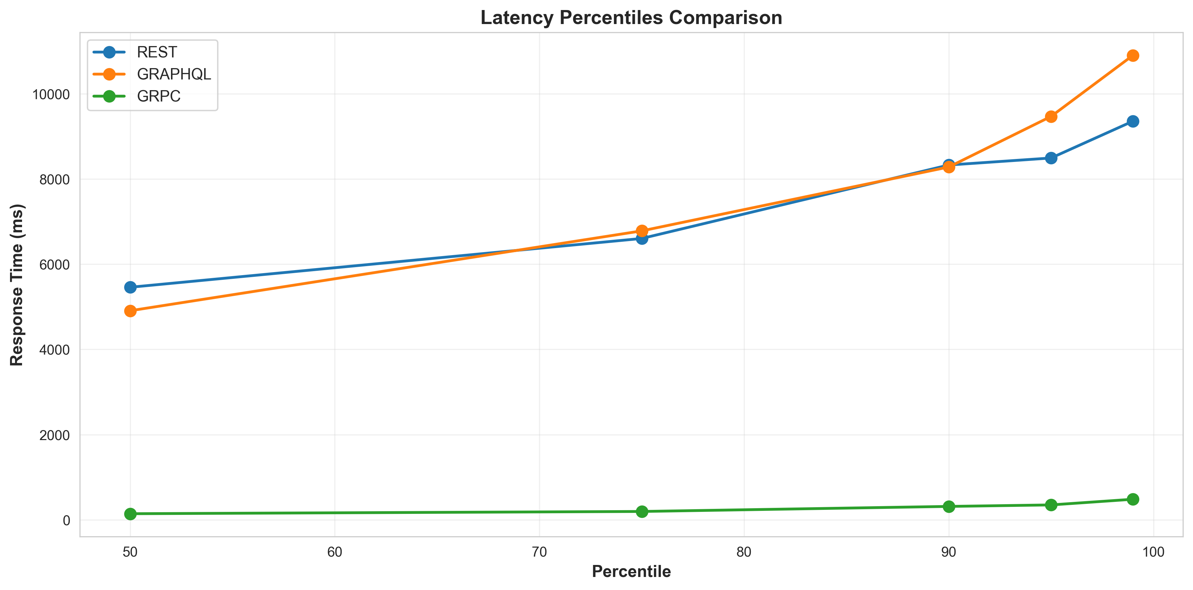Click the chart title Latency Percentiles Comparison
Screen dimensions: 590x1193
tap(631, 18)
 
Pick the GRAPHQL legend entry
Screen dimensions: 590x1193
tap(174, 74)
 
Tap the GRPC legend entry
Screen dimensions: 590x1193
tap(158, 96)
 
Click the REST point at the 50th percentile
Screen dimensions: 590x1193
tap(130, 287)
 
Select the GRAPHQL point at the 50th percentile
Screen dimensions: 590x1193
tap(130, 311)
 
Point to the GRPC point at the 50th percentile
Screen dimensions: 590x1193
tap(130, 514)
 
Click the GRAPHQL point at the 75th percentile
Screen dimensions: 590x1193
tap(642, 231)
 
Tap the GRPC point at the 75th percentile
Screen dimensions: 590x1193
tap(642, 511)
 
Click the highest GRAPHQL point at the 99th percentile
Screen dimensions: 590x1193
tap(1133, 55)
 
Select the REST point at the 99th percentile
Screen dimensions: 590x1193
tap(1133, 121)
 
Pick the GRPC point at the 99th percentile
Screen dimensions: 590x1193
tap(1133, 499)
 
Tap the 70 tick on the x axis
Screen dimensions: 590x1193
tap(539, 552)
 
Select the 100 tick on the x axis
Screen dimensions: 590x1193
tap(1153, 552)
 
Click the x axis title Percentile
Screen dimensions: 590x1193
tap(631, 572)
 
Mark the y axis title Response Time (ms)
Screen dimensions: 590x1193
tap(17, 284)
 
